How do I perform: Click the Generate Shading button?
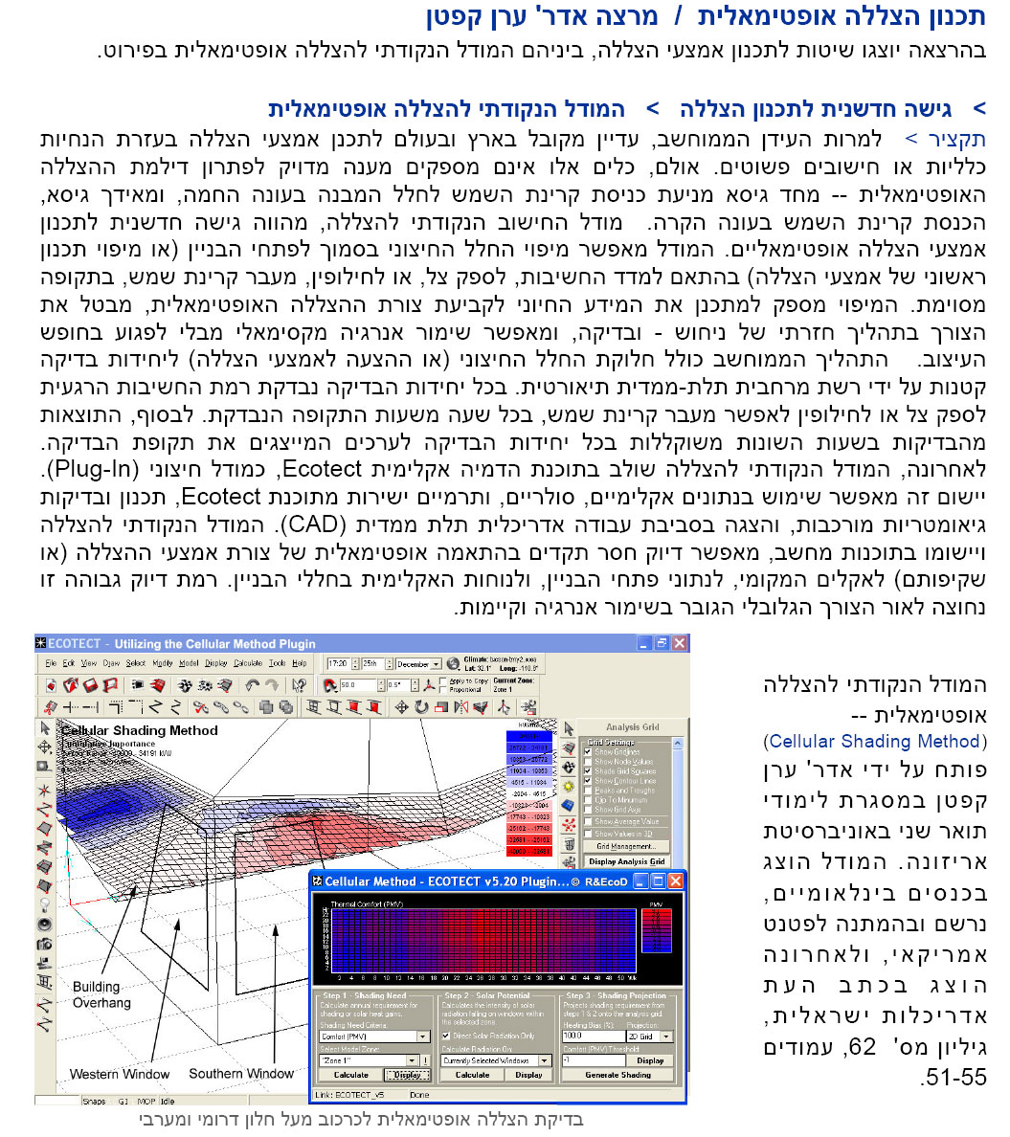(x=617, y=1075)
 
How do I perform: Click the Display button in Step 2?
(x=528, y=1075)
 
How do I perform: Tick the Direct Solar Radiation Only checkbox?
(x=446, y=1036)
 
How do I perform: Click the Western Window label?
(x=120, y=1074)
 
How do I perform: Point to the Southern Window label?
(x=240, y=1073)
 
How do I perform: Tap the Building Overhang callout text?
(x=101, y=994)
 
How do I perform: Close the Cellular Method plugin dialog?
(x=675, y=881)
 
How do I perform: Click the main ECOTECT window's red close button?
(x=680, y=644)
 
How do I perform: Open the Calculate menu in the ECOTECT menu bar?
(x=247, y=662)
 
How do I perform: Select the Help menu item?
(x=300, y=662)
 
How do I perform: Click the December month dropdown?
(x=418, y=663)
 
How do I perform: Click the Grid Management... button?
(x=625, y=846)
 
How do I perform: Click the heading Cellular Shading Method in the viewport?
(x=139, y=730)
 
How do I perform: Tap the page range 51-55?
(x=953, y=1078)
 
